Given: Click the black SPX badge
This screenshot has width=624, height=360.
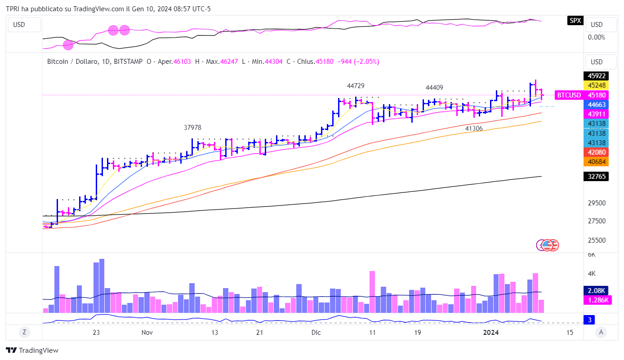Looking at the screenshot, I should coord(575,20).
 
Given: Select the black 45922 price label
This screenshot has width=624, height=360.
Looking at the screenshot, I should coord(596,76).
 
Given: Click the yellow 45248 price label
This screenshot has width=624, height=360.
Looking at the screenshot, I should coord(596,85).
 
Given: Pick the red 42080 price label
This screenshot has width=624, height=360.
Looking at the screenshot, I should coord(596,152).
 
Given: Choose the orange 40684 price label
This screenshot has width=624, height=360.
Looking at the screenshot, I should coord(596,161).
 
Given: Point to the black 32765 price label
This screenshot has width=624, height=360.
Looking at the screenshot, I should coord(596,177).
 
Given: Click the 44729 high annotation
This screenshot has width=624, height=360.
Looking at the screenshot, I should coord(356,85).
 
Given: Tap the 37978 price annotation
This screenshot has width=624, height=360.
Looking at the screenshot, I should coord(192,128).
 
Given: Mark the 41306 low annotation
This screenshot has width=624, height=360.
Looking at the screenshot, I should coord(474,129).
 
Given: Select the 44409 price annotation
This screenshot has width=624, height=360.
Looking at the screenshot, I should coord(435,87).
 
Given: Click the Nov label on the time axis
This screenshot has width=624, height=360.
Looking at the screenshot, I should coord(147,333).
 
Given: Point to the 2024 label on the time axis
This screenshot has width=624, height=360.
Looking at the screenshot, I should coord(490,333).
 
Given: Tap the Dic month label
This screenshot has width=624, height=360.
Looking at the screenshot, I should coord(316,333).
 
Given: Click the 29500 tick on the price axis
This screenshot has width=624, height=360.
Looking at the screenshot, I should coord(597,203).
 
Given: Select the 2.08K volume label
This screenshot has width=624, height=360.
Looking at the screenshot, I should coord(596,290).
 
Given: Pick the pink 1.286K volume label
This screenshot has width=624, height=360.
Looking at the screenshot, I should coord(597,300).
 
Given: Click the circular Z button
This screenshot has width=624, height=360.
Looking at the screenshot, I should coord(24,332).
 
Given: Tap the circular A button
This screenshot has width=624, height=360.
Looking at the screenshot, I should coord(600,332).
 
